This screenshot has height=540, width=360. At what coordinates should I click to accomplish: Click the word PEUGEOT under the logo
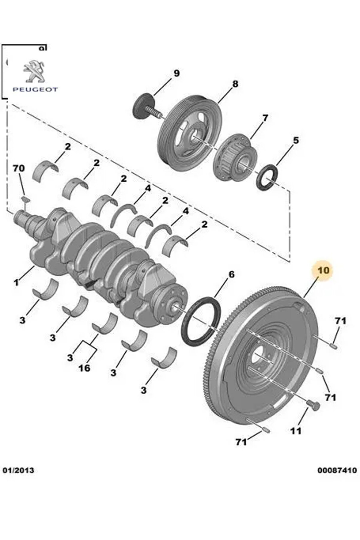pyautogui.click(x=35, y=89)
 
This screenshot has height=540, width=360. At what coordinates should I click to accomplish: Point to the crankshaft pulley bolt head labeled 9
pyautogui.click(x=142, y=106)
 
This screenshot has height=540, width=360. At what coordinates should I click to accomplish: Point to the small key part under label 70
pyautogui.click(x=25, y=199)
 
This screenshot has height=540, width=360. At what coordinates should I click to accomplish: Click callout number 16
pyautogui.click(x=84, y=368)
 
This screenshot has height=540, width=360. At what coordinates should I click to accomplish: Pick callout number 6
pyautogui.click(x=232, y=274)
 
